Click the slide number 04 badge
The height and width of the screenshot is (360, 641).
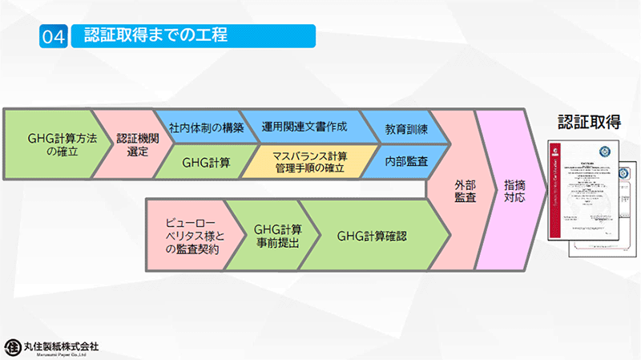tap(52, 36)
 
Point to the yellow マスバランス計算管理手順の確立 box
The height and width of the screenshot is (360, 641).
tap(308, 162)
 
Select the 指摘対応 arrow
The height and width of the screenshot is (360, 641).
tap(514, 190)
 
